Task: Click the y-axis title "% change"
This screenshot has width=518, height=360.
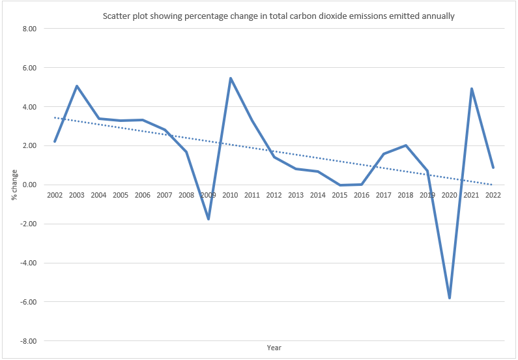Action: pyautogui.click(x=12, y=185)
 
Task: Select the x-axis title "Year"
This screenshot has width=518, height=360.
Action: pyautogui.click(x=274, y=348)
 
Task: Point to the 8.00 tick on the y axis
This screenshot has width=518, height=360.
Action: pyautogui.click(x=30, y=29)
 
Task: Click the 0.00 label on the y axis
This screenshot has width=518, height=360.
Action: pyautogui.click(x=30, y=185)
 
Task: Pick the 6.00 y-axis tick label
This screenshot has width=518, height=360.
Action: pyautogui.click(x=30, y=68)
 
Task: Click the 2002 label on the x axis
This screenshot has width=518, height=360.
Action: pyautogui.click(x=55, y=195)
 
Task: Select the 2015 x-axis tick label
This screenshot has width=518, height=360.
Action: pyautogui.click(x=339, y=195)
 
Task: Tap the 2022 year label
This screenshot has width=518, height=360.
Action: pyautogui.click(x=493, y=195)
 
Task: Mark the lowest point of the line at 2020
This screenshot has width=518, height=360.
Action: pyautogui.click(x=450, y=298)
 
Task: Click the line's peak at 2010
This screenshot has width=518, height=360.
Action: pyautogui.click(x=230, y=78)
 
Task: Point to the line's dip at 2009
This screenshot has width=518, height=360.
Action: pyautogui.click(x=209, y=219)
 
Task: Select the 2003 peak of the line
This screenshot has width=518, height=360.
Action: pyautogui.click(x=77, y=86)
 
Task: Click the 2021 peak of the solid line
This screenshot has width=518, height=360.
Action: pyautogui.click(x=471, y=89)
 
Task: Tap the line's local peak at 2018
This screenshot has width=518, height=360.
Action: pyautogui.click(x=405, y=145)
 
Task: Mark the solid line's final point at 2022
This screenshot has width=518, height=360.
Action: pyautogui.click(x=493, y=168)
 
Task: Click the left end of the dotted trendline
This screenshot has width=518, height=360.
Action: pyautogui.click(x=55, y=118)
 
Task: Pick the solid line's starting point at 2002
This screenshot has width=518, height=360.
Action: pyautogui.click(x=55, y=142)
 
